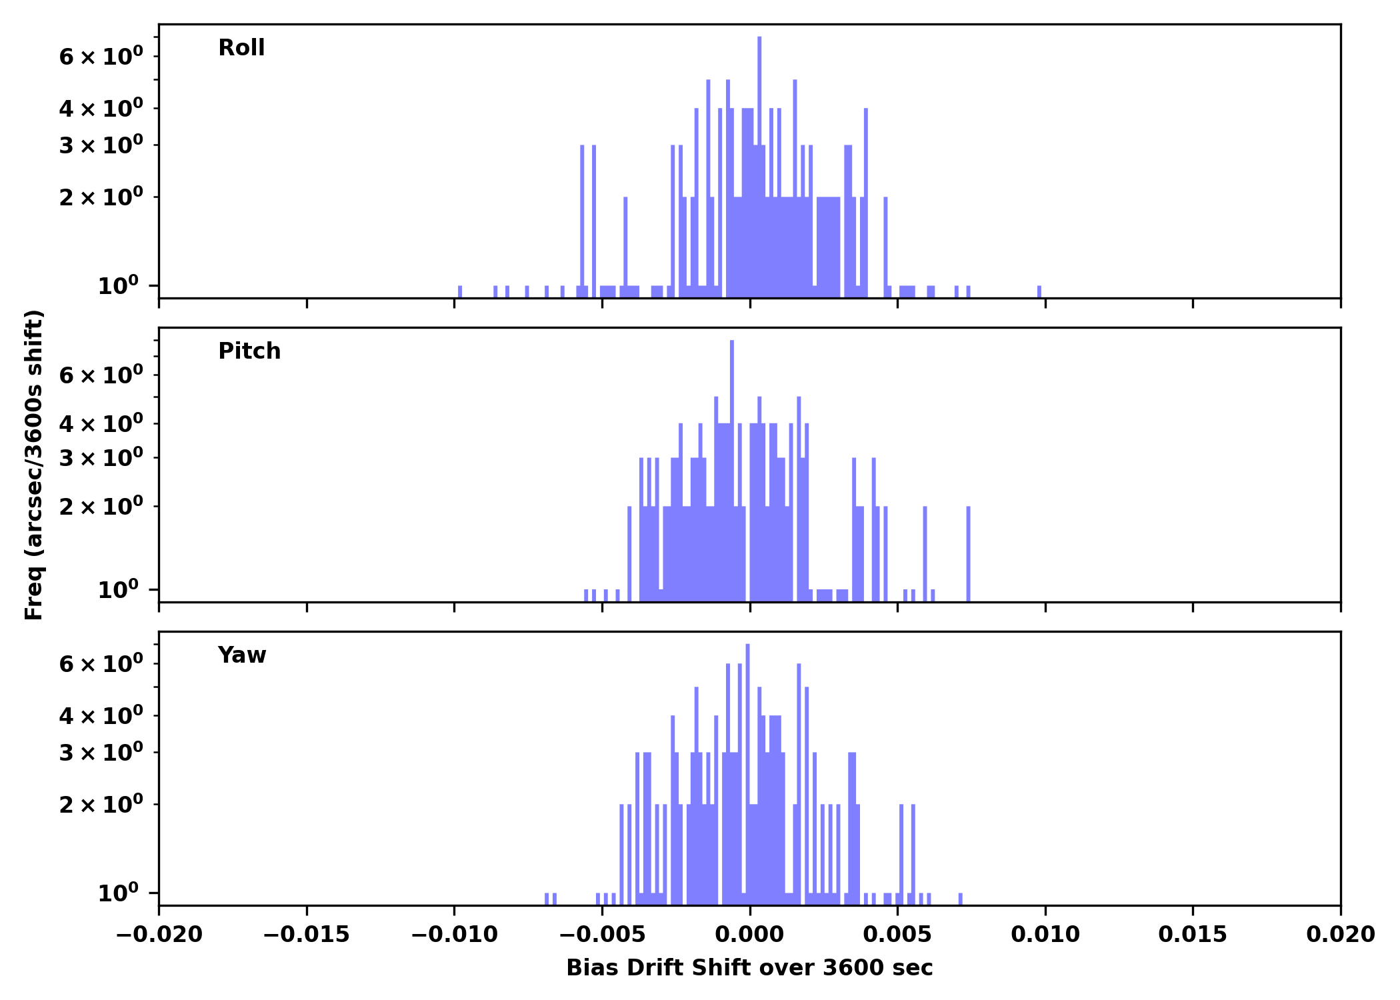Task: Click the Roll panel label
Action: (241, 48)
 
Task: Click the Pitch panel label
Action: (249, 351)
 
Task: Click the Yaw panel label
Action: (242, 655)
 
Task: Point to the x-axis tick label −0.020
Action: (159, 935)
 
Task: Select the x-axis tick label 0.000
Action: (749, 935)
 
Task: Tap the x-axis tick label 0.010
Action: (1045, 935)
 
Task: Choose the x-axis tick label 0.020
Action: (1340, 935)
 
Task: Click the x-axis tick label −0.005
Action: (602, 935)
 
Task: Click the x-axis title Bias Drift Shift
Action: (749, 968)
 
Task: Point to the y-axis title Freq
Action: (34, 465)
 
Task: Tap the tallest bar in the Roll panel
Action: (759, 167)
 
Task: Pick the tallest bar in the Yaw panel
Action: (747, 773)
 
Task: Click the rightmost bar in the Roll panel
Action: (1039, 291)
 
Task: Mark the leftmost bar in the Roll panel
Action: (460, 291)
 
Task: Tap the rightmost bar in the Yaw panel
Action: (961, 898)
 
